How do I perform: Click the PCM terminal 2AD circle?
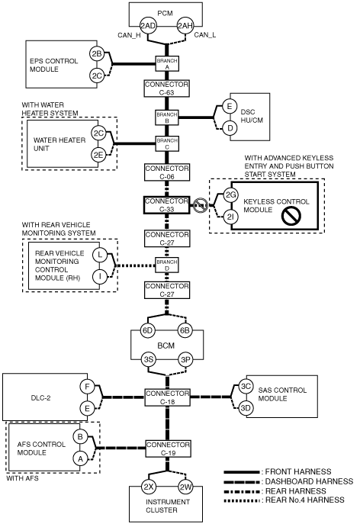tap(148, 26)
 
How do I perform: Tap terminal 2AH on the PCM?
tap(185, 26)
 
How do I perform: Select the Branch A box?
tap(167, 63)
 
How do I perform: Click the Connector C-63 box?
tap(167, 88)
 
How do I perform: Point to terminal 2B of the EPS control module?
tap(97, 54)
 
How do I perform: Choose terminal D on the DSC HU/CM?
tap(230, 128)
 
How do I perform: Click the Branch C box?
tap(167, 143)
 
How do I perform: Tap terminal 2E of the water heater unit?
tap(98, 155)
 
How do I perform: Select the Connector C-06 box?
tap(167, 172)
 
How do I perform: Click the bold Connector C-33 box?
tap(167, 205)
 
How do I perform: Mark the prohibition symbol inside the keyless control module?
tap(291, 216)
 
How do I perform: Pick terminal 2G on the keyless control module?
tap(230, 194)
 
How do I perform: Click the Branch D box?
tap(167, 265)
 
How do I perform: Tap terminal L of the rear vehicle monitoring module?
tap(100, 255)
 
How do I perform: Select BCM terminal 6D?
tap(148, 330)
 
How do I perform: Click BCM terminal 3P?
tap(185, 360)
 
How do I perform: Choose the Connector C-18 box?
tap(167, 397)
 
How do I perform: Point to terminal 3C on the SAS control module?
tap(246, 386)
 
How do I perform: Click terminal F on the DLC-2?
tap(87, 387)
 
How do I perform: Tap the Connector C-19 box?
tap(168, 448)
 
